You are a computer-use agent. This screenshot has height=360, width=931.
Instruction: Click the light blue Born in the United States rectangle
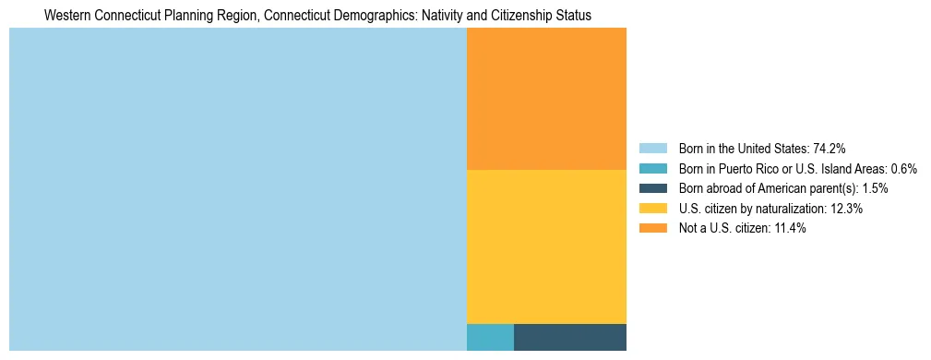tap(237, 189)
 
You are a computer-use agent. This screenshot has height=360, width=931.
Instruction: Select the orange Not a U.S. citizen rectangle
tap(546, 99)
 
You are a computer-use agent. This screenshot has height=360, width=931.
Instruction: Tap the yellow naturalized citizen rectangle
tap(546, 246)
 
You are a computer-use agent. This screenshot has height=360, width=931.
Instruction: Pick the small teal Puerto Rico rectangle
tap(490, 338)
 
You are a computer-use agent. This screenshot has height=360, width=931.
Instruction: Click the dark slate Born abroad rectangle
tap(570, 338)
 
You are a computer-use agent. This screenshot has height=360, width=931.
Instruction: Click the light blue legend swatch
tap(652, 149)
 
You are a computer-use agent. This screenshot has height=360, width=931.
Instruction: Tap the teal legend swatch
tap(652, 169)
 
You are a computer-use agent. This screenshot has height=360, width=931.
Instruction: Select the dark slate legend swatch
tap(652, 188)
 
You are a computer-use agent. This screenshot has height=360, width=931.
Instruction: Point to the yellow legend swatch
tap(652, 209)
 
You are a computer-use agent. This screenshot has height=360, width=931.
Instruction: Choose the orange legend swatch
tap(652, 229)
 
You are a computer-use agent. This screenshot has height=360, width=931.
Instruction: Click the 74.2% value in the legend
tap(830, 149)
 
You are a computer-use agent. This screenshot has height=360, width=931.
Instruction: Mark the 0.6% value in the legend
tap(901, 169)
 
